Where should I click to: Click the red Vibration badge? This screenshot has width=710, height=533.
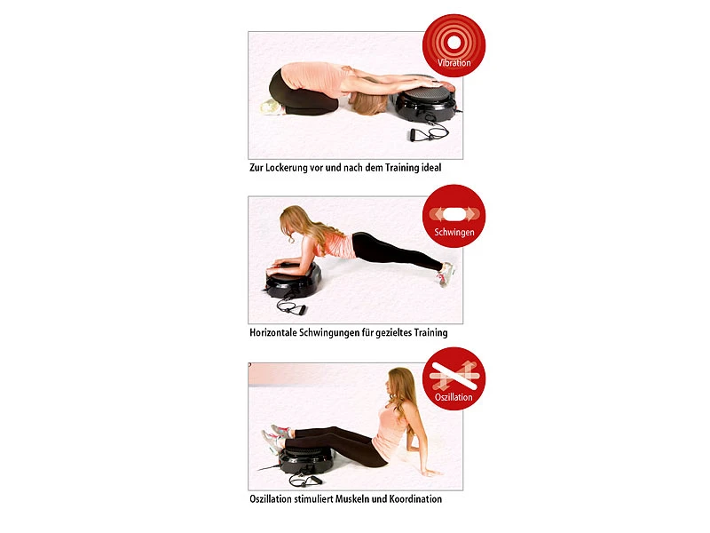pyautogui.click(x=454, y=44)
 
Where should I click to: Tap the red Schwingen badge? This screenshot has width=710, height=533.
pyautogui.click(x=454, y=216)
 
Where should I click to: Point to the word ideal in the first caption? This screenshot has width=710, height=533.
pyautogui.click(x=427, y=167)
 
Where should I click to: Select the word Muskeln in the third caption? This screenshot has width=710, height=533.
pyautogui.click(x=364, y=499)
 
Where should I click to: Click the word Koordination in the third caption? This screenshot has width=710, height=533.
pyautogui.click(x=412, y=499)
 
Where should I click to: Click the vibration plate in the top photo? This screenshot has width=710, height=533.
pyautogui.click(x=427, y=100)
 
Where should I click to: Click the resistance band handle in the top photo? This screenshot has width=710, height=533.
pyautogui.click(x=416, y=136)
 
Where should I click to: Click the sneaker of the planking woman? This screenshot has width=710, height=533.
pyautogui.click(x=445, y=273)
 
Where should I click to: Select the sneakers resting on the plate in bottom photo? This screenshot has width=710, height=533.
pyautogui.click(x=275, y=438)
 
